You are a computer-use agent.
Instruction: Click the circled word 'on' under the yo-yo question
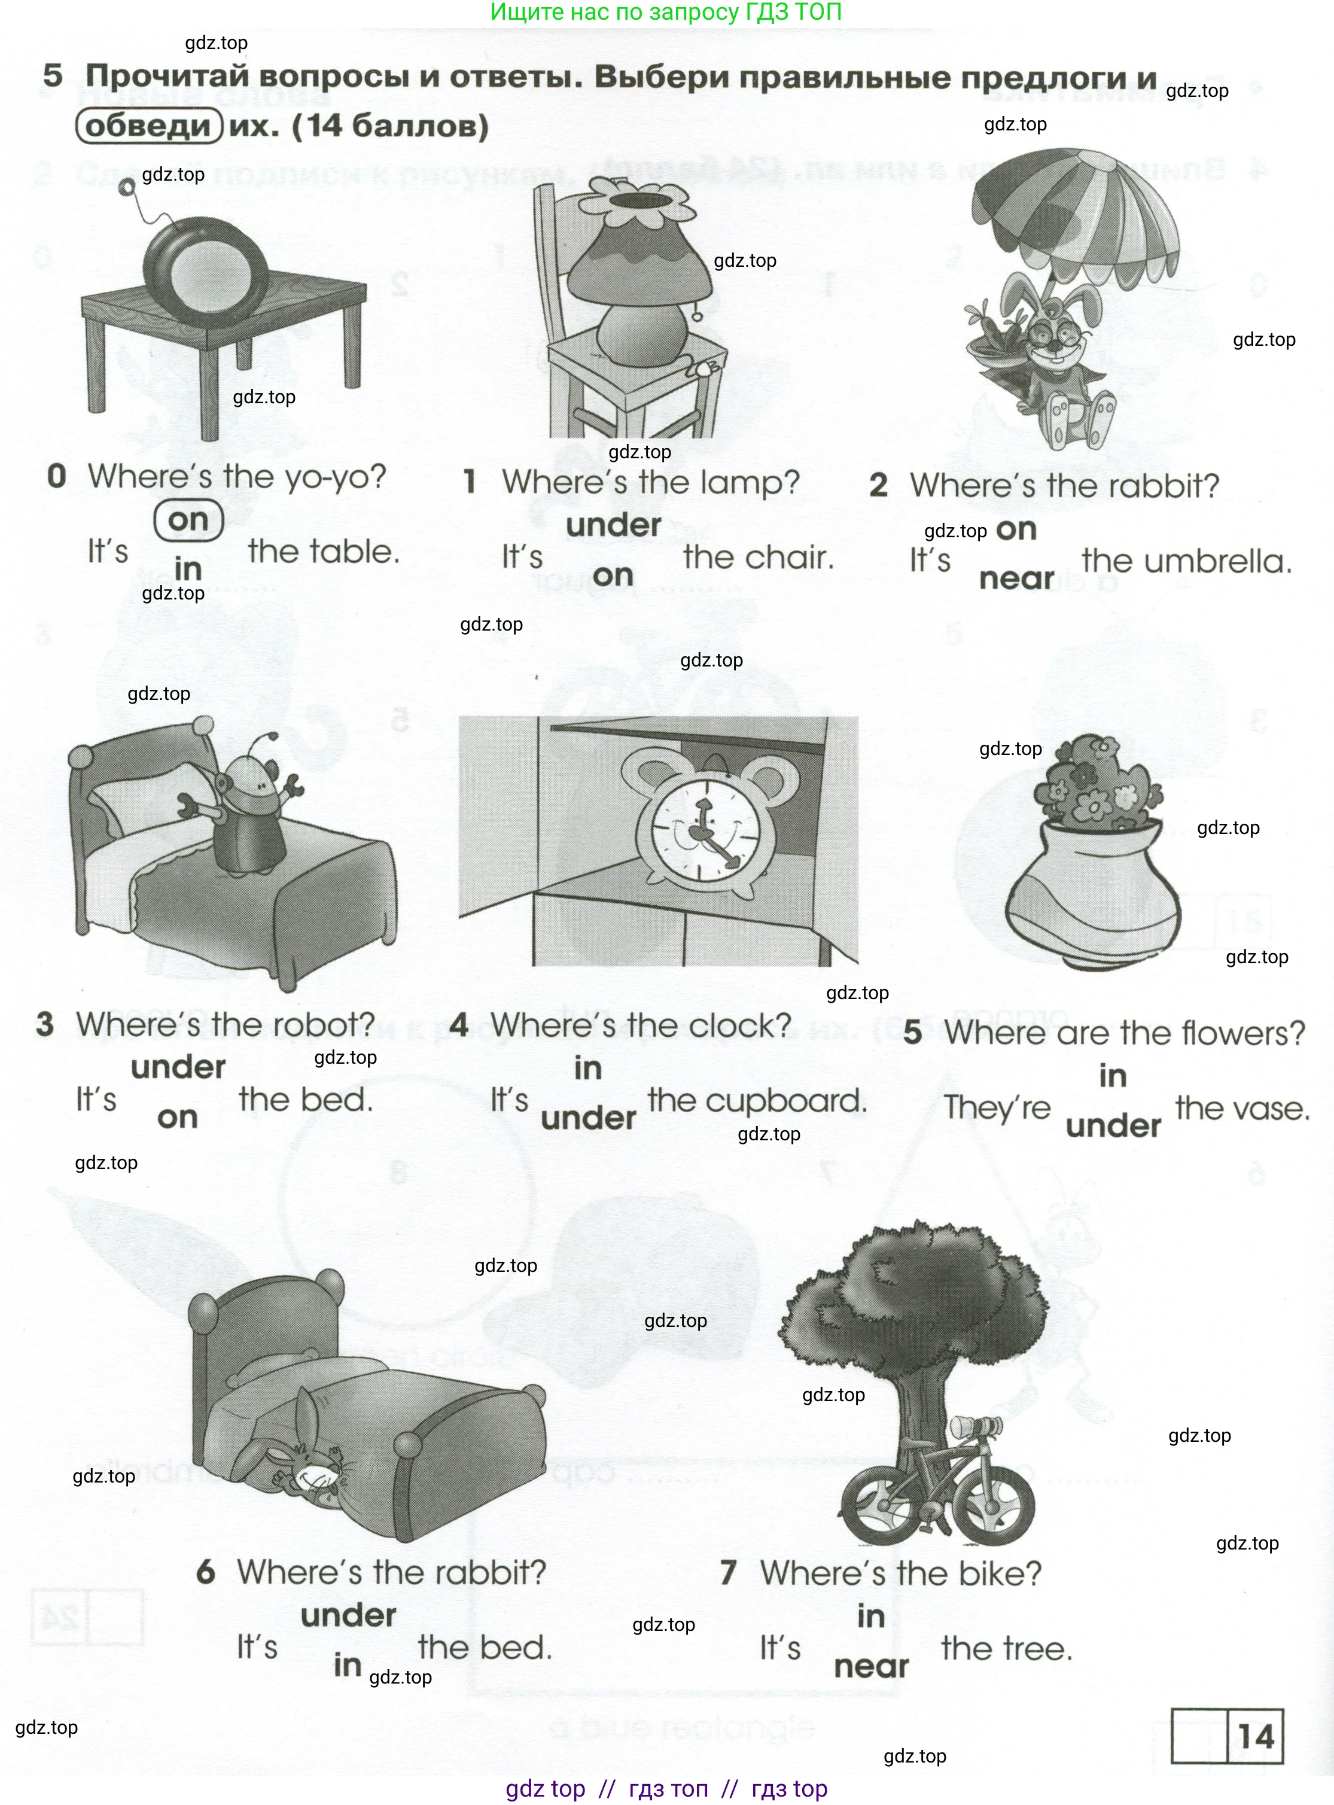(188, 520)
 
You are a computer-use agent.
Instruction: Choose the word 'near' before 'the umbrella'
(1016, 579)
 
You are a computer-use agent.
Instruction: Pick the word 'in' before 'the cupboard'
(588, 1069)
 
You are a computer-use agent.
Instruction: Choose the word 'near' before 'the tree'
(870, 1666)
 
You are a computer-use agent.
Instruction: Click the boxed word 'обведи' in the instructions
(148, 126)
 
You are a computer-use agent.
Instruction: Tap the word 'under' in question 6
(348, 1616)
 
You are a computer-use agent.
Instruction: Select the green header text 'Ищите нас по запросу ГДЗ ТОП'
(666, 12)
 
